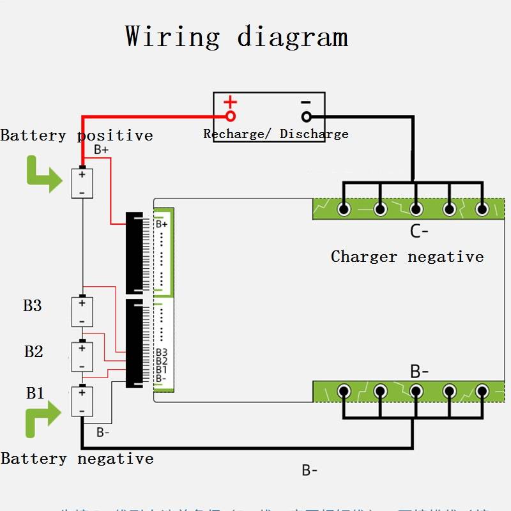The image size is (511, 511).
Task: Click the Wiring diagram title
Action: tap(236, 36)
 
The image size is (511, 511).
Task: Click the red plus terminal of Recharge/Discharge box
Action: tap(231, 116)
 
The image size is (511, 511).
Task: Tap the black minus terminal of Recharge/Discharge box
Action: tap(307, 116)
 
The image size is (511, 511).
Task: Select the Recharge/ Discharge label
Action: tap(276, 134)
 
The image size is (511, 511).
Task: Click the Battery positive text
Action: tap(77, 135)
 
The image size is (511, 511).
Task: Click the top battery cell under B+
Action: tap(82, 183)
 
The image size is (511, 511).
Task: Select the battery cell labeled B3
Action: tap(82, 311)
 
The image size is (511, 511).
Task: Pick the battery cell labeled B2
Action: tap(82, 356)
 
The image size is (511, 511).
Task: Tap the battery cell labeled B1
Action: tap(82, 401)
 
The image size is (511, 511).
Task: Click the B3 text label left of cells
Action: tap(33, 305)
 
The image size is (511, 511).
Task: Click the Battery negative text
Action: tap(77, 459)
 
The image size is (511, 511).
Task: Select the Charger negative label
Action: tap(407, 257)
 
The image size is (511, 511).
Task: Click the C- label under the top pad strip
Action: tap(419, 231)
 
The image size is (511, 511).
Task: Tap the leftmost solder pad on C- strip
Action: tap(345, 209)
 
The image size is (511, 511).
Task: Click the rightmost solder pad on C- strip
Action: tap(482, 209)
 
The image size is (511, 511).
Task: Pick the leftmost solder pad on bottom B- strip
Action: tap(345, 390)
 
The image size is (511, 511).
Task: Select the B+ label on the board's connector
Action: tap(162, 224)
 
